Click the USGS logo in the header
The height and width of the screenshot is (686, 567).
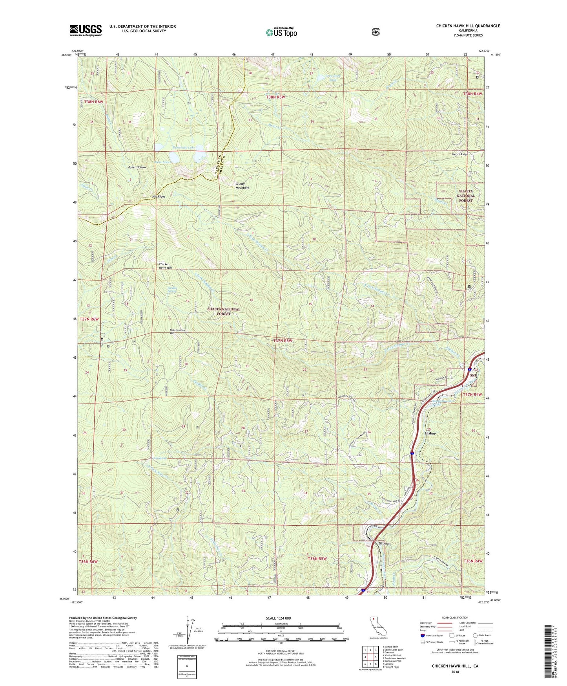(x=86, y=30)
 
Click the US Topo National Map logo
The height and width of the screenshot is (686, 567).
(x=281, y=32)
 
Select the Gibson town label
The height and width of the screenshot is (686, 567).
(x=384, y=543)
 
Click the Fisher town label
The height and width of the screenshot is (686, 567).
(x=430, y=433)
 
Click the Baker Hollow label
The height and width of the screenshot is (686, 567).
(x=137, y=167)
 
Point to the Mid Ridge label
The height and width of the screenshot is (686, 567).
(x=159, y=196)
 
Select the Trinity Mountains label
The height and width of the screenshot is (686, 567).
(x=242, y=185)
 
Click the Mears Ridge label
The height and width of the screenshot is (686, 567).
(x=459, y=154)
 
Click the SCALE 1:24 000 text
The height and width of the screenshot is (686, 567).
(x=278, y=618)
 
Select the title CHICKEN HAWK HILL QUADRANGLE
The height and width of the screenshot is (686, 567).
(x=468, y=26)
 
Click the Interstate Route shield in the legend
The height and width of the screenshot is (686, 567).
(x=422, y=635)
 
